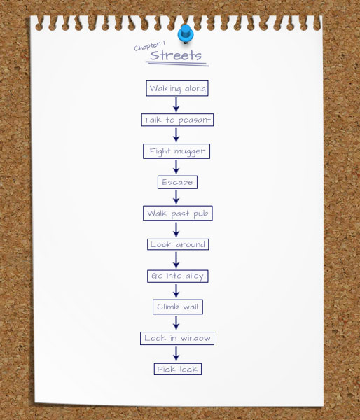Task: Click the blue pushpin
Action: click(x=185, y=34)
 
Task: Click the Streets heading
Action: click(x=176, y=55)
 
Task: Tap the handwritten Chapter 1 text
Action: click(x=150, y=45)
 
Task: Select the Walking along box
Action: click(x=177, y=88)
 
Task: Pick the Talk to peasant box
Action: click(x=177, y=120)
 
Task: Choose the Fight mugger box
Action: click(x=176, y=151)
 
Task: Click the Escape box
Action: click(x=177, y=182)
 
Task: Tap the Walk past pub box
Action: click(x=178, y=213)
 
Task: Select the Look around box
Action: click(x=178, y=244)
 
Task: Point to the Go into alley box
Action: click(x=178, y=276)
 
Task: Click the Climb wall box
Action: click(x=178, y=307)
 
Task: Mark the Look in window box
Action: click(x=177, y=339)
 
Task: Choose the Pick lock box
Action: click(x=178, y=369)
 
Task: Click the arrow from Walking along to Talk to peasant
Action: click(x=176, y=105)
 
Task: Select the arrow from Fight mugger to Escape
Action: click(x=176, y=167)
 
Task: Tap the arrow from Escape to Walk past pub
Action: click(x=176, y=197)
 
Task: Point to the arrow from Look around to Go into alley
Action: click(x=176, y=260)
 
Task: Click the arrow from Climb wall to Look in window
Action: click(x=176, y=323)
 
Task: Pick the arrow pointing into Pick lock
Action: click(x=176, y=353)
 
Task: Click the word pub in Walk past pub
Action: click(x=201, y=214)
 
